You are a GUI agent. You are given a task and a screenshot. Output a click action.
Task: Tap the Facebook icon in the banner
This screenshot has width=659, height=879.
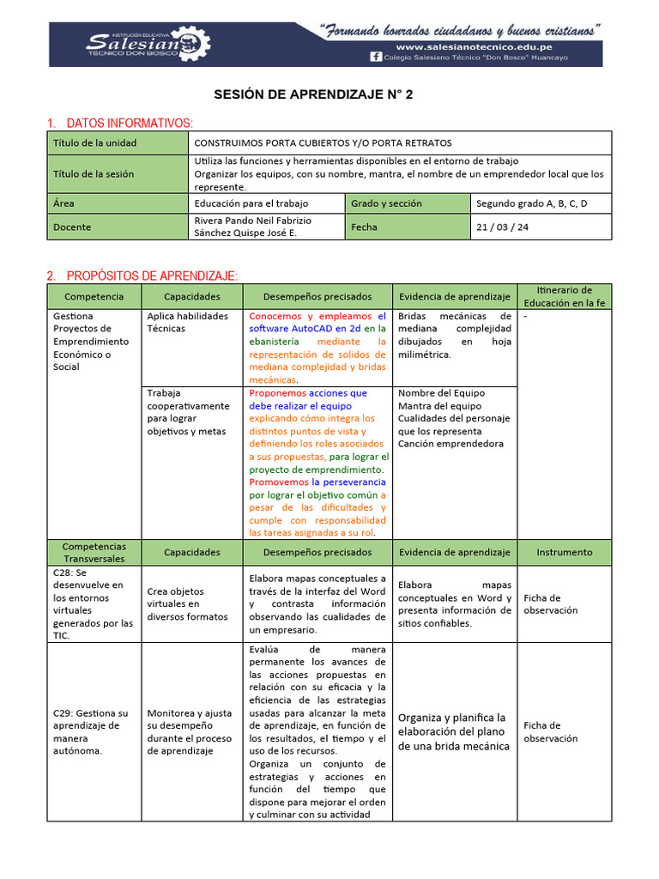coord(375,58)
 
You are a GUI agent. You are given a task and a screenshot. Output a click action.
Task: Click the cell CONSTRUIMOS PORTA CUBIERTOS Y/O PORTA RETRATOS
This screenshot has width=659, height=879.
coord(323,142)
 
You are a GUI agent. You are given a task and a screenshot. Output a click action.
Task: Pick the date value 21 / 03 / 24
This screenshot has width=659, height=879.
coord(503,227)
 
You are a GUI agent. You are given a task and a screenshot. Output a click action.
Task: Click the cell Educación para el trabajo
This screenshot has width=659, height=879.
coord(251,203)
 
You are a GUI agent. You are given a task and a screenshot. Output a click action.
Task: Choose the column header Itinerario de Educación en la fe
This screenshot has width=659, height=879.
coord(564,296)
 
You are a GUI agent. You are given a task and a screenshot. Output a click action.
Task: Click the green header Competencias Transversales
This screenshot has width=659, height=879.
coord(94,552)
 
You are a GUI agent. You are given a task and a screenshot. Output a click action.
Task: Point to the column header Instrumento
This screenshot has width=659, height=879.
coord(564,552)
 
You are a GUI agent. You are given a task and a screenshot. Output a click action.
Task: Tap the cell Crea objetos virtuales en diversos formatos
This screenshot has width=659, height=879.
coord(187,603)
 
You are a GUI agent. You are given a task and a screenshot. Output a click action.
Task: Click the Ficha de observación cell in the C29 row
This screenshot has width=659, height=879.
coord(550,731)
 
